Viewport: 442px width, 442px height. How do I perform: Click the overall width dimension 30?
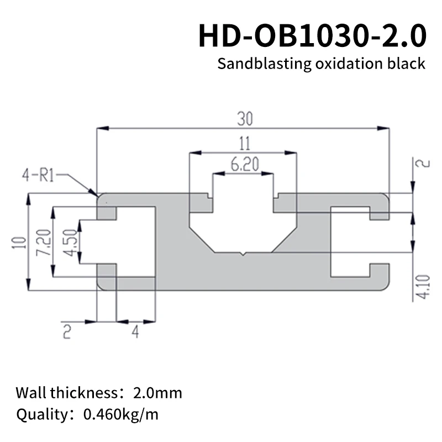point(243,119)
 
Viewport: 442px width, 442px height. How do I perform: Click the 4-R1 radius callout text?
point(38,177)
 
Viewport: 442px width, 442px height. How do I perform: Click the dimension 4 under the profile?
point(135,331)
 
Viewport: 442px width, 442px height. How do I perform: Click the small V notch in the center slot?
point(243,254)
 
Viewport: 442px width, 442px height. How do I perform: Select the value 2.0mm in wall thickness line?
point(157,394)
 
